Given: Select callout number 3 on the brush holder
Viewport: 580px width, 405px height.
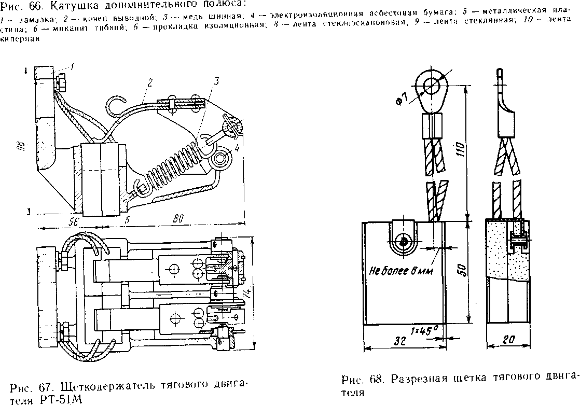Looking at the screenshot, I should tap(216, 80).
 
